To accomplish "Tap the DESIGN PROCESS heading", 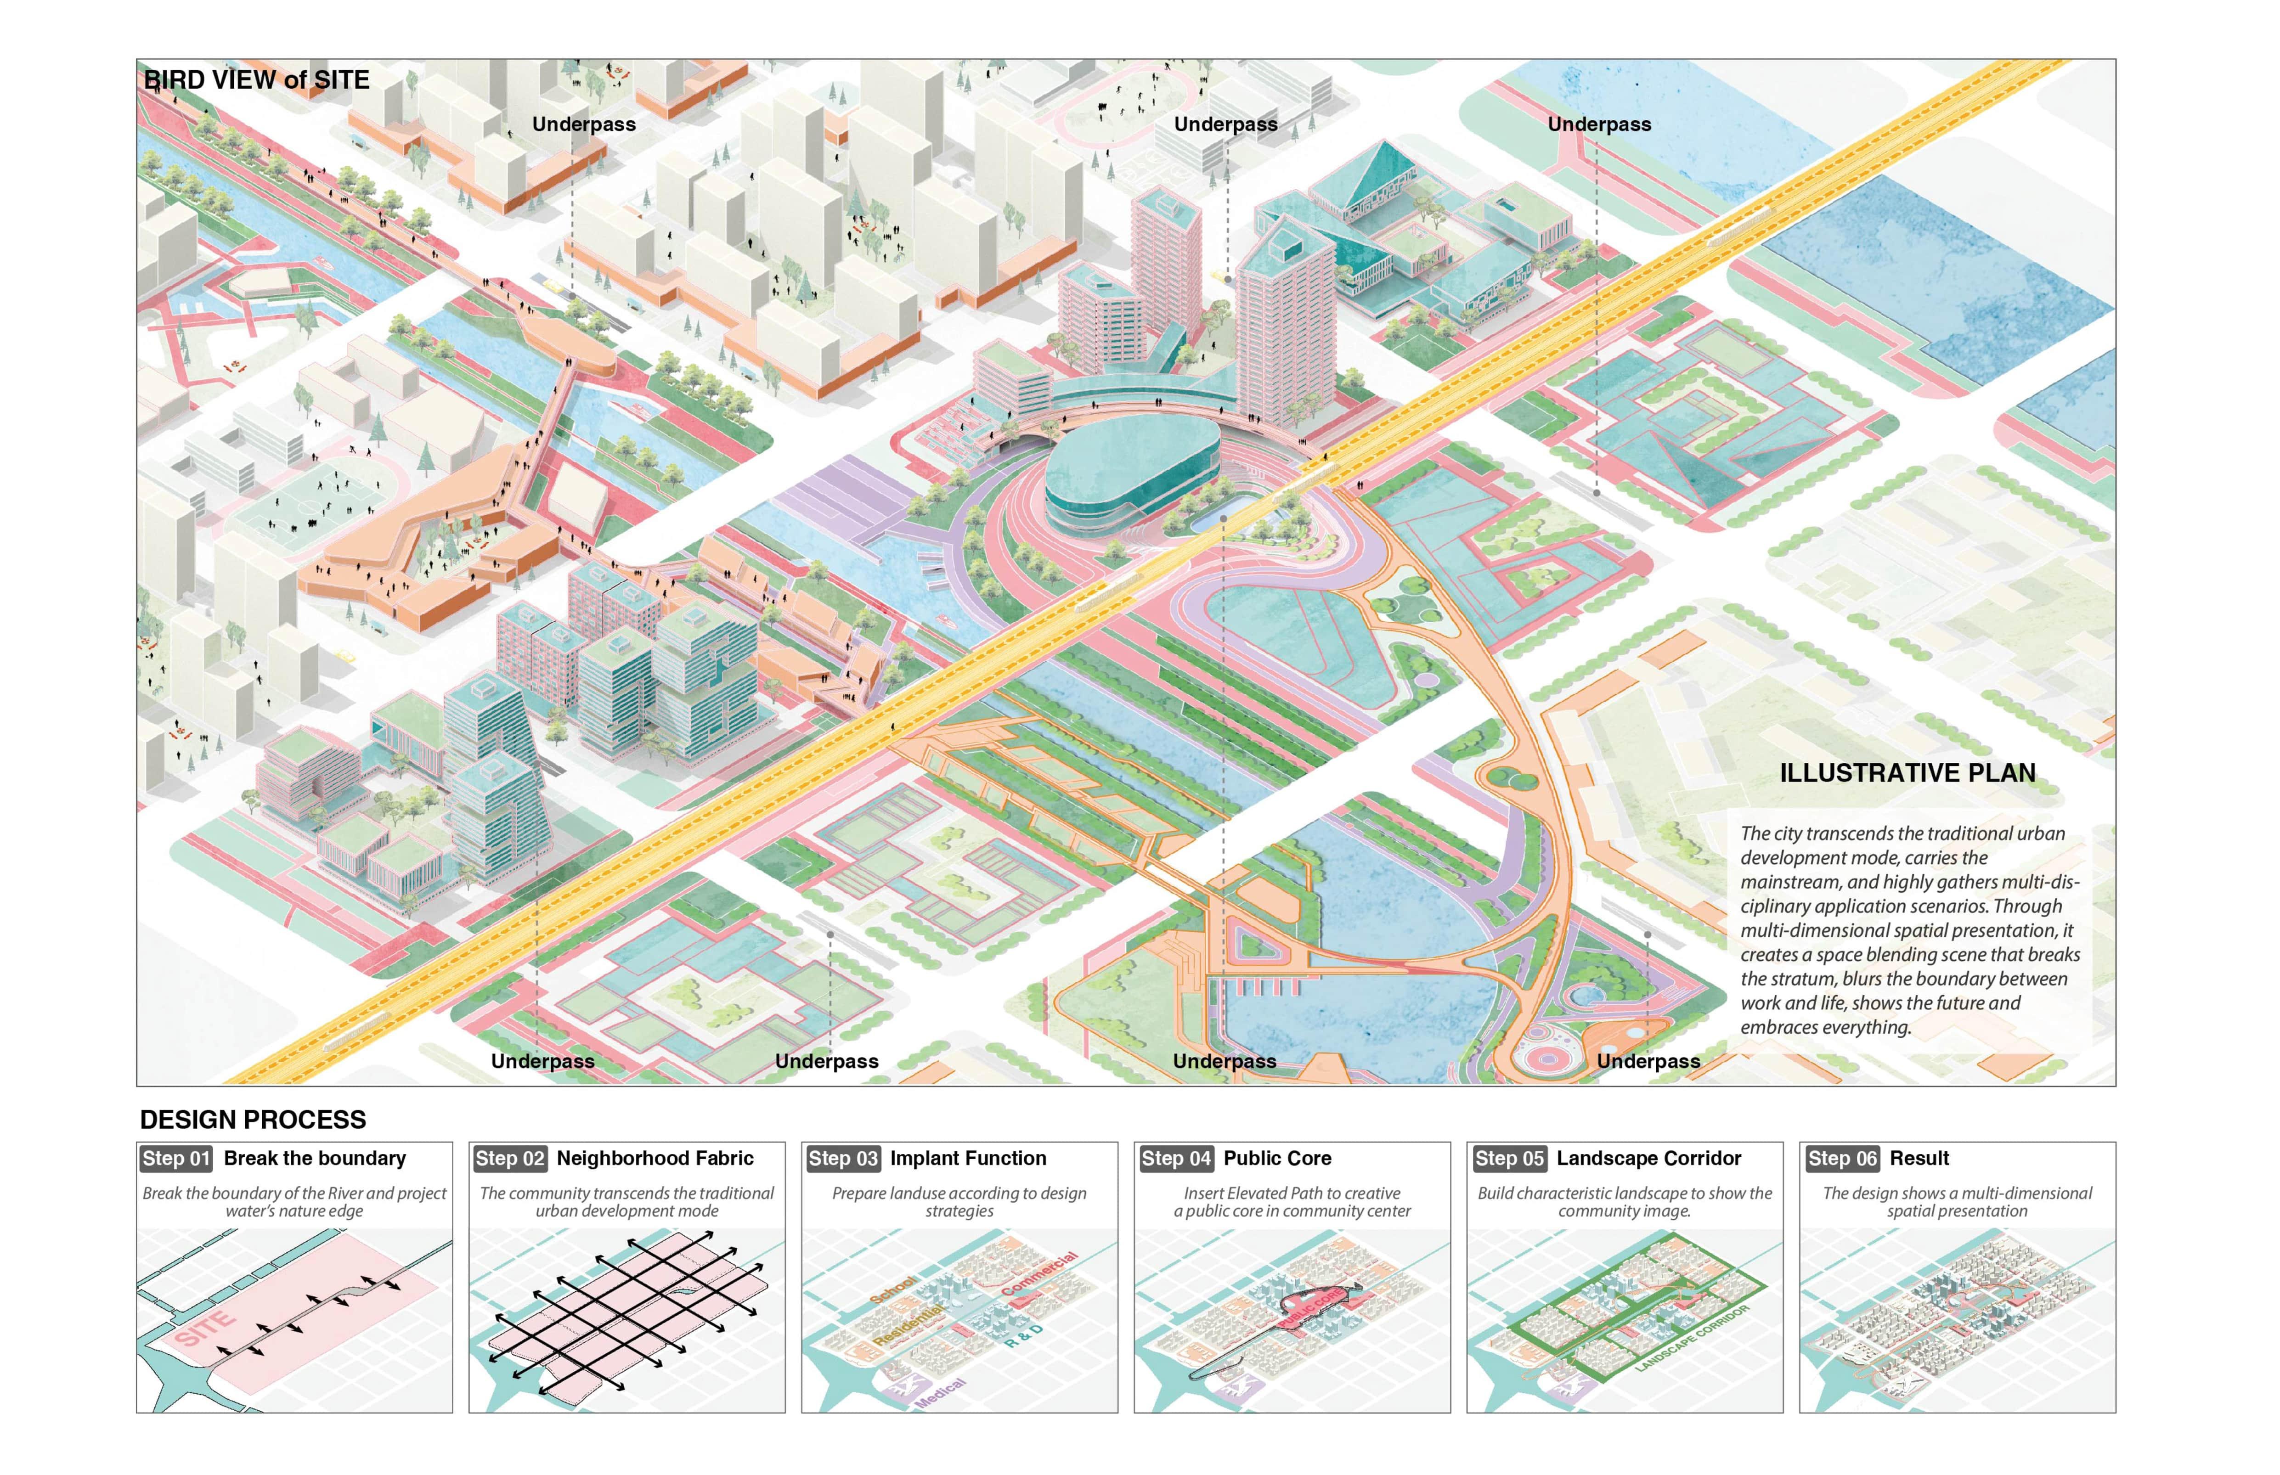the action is click(253, 1120).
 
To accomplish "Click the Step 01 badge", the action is click(175, 1158).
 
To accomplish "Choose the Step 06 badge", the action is click(1840, 1158).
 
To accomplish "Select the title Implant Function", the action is click(968, 1158).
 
